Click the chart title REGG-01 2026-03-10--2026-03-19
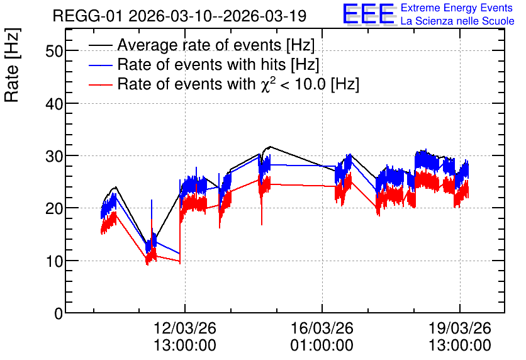179,16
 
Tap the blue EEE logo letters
368,14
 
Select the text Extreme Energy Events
457,8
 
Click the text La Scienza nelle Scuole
457,21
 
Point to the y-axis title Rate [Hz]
12,65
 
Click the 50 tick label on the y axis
54,51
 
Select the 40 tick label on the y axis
54,104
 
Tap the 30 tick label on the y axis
54,156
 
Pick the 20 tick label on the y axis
54,208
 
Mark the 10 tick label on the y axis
54,261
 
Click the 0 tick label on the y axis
59,313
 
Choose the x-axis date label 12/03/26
185,328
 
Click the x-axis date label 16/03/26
322,328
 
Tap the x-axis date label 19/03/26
459,328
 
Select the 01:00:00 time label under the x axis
322,346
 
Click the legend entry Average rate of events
216,45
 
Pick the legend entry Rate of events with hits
218,64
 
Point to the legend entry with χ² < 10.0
238,84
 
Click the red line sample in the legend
100,84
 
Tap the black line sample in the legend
100,45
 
